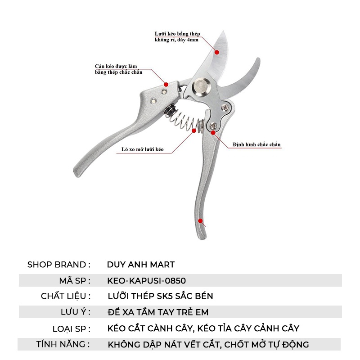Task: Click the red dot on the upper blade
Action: (x=217, y=52)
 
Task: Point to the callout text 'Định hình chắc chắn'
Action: (x=256, y=145)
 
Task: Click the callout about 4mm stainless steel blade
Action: (x=177, y=36)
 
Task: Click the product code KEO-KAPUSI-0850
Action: (x=147, y=280)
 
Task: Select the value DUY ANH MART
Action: (x=141, y=265)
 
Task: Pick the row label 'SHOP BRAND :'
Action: (x=59, y=265)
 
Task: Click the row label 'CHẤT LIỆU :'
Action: (x=66, y=296)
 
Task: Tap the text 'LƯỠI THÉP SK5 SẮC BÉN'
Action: (x=161, y=296)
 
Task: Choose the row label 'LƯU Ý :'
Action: (x=75, y=312)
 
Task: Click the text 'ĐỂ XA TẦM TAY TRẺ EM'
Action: (x=158, y=312)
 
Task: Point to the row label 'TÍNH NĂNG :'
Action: (x=63, y=345)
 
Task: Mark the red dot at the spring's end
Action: (x=195, y=130)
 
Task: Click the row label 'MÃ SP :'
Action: (x=75, y=280)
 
